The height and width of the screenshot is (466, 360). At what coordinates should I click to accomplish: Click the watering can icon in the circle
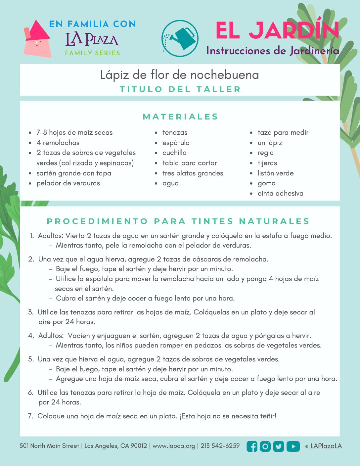tap(180, 38)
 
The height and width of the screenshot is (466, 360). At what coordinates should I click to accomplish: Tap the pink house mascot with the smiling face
tap(37, 40)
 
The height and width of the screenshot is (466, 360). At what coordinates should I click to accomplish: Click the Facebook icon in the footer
tap(252, 446)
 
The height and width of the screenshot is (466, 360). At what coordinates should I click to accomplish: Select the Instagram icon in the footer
tap(265, 446)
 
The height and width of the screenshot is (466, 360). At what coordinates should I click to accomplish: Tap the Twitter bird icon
tap(279, 446)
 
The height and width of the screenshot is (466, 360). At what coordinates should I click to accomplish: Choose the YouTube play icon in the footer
tap(293, 446)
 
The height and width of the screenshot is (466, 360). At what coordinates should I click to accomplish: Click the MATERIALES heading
tap(180, 117)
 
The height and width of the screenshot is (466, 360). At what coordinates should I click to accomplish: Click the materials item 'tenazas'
tap(175, 132)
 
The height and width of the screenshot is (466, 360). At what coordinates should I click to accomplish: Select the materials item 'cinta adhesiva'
tap(280, 193)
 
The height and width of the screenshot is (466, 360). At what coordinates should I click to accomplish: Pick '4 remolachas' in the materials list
tap(58, 143)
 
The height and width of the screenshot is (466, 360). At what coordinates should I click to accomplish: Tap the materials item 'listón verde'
tap(275, 173)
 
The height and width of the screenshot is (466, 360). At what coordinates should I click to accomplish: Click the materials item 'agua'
tap(170, 183)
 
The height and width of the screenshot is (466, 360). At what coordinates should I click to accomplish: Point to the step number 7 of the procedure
tap(31, 416)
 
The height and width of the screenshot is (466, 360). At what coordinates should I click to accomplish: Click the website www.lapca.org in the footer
tap(174, 446)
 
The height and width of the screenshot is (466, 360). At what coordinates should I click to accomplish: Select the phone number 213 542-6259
tap(220, 446)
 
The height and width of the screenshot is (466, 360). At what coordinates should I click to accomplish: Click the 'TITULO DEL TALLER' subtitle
tap(180, 89)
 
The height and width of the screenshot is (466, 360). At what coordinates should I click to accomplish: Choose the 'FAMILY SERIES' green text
tap(93, 53)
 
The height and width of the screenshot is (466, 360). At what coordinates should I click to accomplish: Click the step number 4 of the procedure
tap(31, 336)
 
